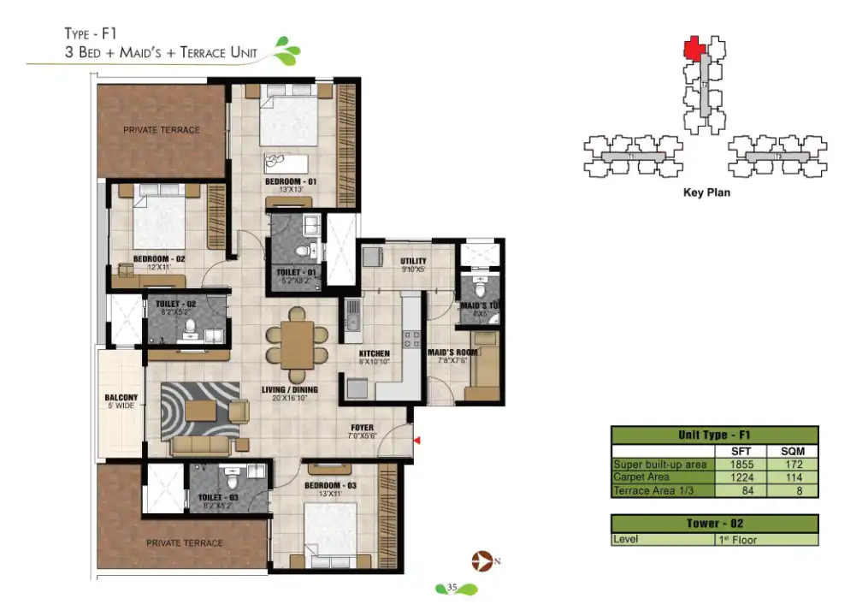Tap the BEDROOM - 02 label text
point(159,258)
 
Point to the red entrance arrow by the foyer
point(417,440)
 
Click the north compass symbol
point(481,561)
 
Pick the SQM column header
point(790,452)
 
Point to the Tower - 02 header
point(714,524)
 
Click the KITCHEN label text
point(375,353)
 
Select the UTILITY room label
point(414,261)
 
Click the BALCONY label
point(118,397)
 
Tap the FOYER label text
point(362,427)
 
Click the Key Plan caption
point(706,193)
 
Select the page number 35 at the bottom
point(454,588)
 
